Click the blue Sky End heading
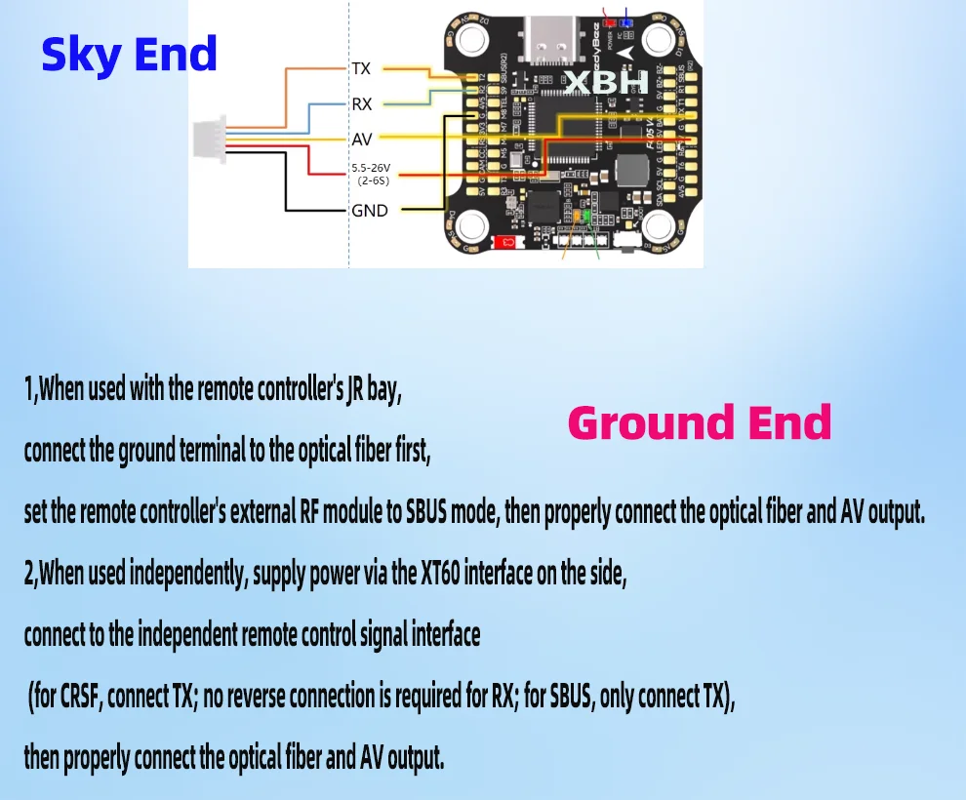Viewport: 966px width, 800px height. coord(129,55)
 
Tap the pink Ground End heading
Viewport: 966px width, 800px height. coord(699,423)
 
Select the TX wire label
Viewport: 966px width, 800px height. coord(361,69)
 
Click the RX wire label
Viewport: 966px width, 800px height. coord(362,103)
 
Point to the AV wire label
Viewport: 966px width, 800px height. coord(362,139)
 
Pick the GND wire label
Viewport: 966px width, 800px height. coord(370,210)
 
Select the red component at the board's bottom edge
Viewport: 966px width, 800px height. coord(506,242)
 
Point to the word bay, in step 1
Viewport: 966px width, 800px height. coord(382,390)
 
